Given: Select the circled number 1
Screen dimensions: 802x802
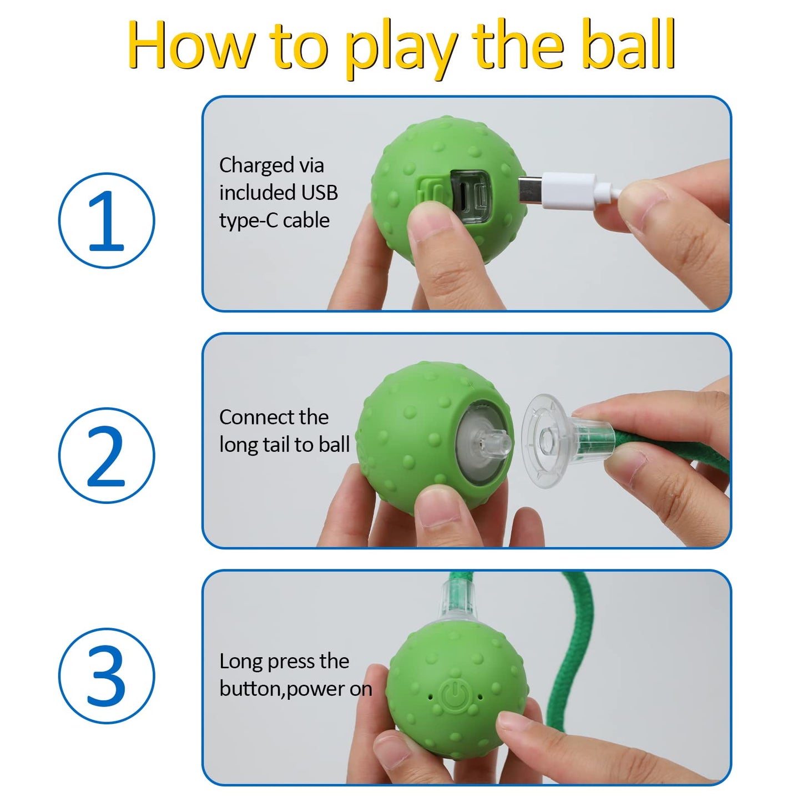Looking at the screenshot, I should (x=107, y=220).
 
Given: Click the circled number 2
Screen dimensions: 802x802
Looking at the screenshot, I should (x=107, y=456).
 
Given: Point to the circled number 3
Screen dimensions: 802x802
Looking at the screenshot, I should (x=107, y=675).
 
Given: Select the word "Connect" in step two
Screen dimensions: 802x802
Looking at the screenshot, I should (x=254, y=417).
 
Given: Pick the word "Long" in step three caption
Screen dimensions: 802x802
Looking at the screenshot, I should (x=240, y=661).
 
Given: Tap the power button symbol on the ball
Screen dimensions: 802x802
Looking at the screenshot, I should (x=455, y=695).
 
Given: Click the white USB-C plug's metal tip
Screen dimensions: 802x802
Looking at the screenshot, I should (x=529, y=190).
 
